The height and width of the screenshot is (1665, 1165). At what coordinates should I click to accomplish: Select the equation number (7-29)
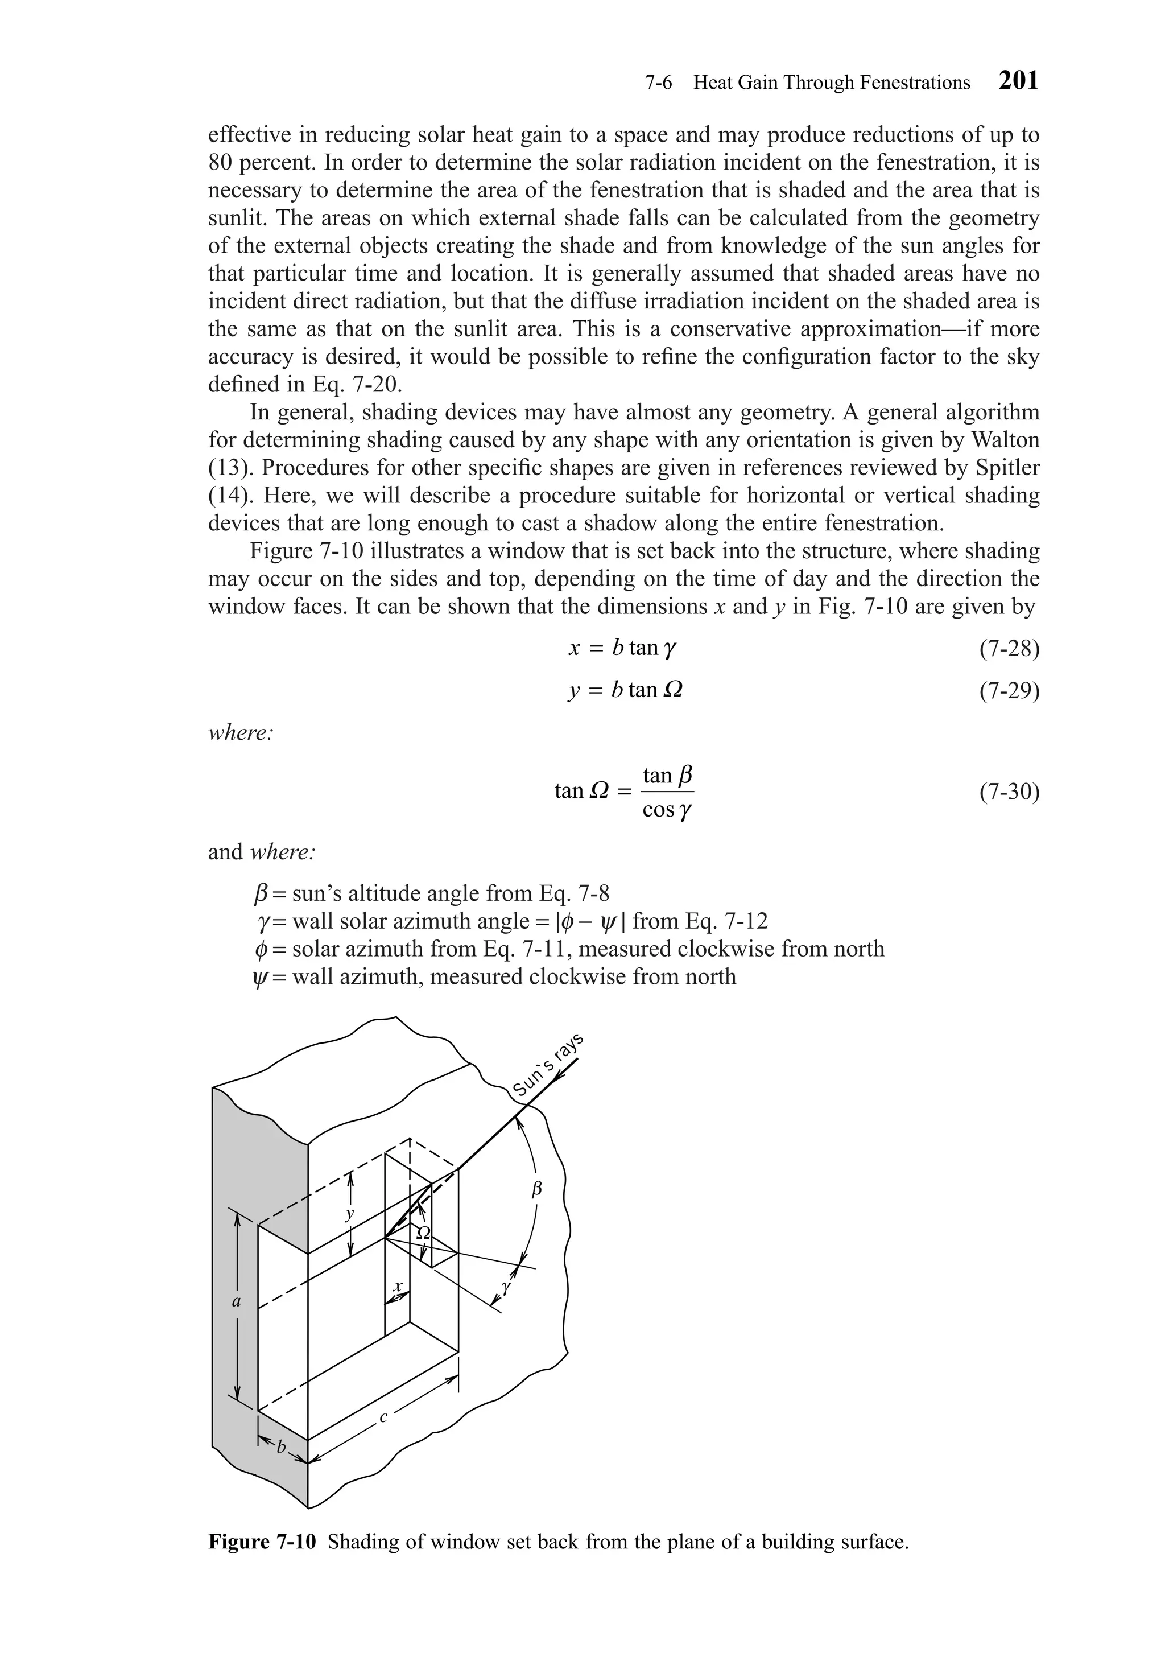(x=1009, y=691)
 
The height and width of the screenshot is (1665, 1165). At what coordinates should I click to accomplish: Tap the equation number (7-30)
(x=1009, y=792)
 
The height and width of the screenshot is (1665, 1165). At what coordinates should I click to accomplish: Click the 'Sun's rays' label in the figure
(x=547, y=1065)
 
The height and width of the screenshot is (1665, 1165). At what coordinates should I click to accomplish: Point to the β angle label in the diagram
(x=537, y=1189)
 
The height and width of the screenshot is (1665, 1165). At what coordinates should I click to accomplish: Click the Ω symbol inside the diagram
(x=423, y=1232)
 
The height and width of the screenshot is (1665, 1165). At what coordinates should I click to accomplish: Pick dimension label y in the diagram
(x=350, y=1212)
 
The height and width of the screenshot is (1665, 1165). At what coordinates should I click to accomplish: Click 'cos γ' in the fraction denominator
(x=666, y=810)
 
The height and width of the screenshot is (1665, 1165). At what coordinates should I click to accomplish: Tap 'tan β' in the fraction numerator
(x=667, y=776)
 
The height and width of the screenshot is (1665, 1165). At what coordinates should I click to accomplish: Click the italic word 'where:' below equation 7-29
(x=241, y=732)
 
